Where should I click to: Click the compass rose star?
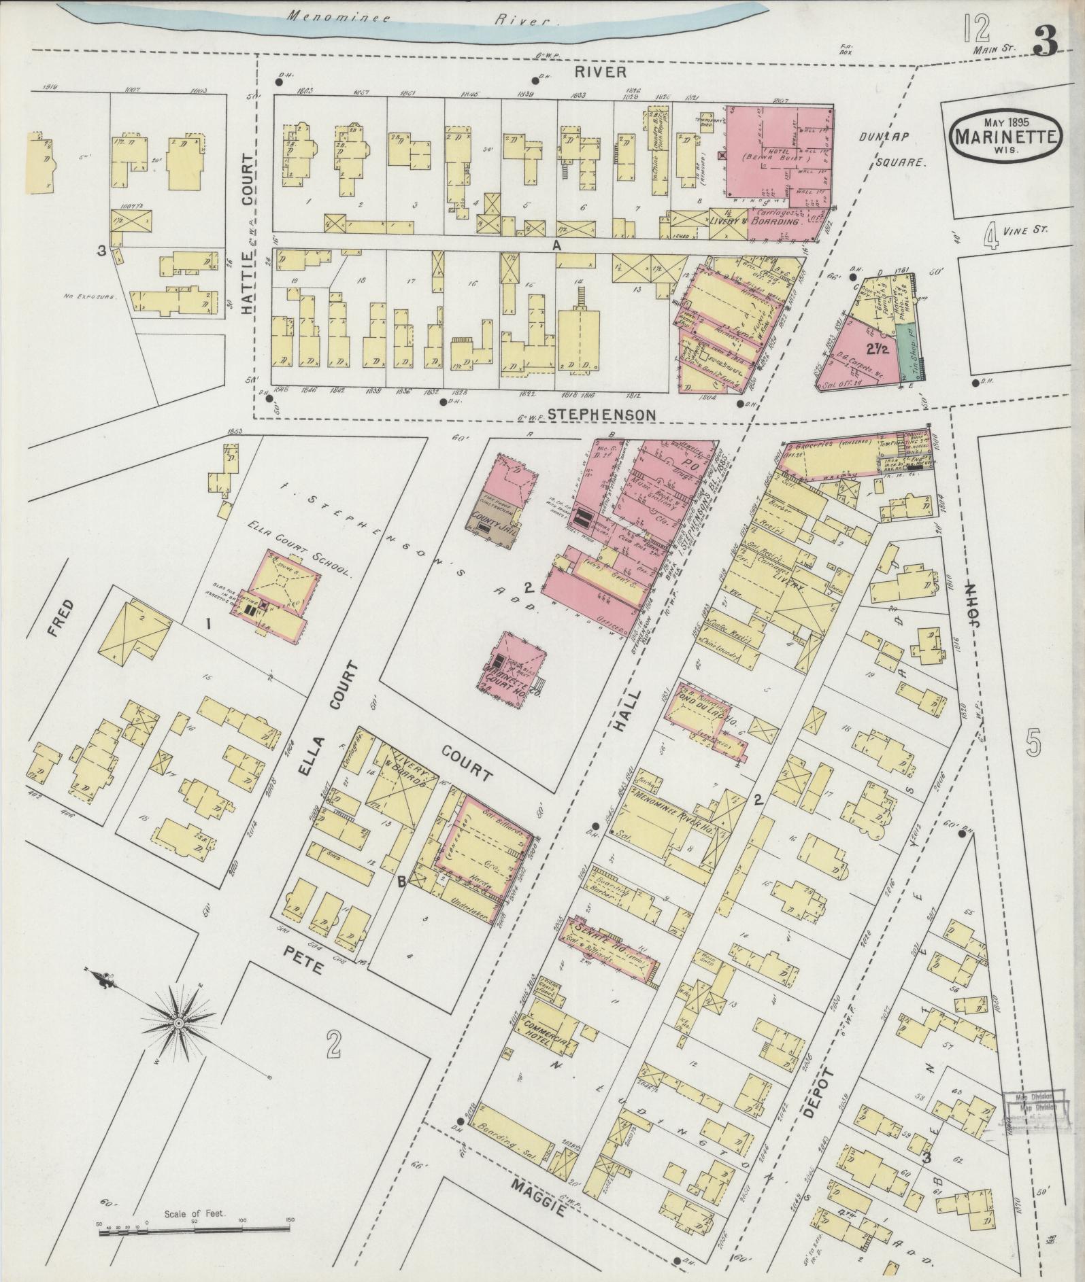pyautogui.click(x=179, y=1024)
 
